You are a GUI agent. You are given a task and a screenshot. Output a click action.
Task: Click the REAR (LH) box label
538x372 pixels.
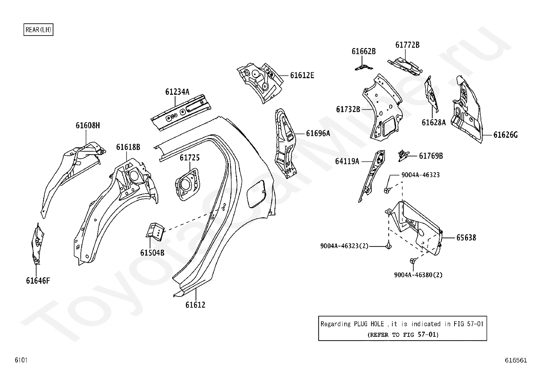tap(38, 30)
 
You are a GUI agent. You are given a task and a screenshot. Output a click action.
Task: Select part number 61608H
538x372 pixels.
tap(88, 126)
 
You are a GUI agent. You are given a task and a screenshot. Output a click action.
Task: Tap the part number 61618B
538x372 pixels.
tap(128, 147)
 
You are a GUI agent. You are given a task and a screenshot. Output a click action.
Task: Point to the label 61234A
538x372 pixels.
tap(177, 92)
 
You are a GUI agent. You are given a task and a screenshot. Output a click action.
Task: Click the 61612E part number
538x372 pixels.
tap(302, 75)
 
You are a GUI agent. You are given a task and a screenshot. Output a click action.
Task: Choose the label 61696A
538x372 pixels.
tap(318, 133)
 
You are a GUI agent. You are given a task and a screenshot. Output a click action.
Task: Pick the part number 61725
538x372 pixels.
tap(190, 158)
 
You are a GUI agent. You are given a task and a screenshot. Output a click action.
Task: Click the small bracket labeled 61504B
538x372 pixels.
tap(155, 231)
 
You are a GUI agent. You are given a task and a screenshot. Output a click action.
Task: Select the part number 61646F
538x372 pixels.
tap(38, 281)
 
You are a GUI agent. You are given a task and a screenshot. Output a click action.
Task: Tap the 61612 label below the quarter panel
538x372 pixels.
tap(195, 305)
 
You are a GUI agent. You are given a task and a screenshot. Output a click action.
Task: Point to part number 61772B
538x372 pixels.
tap(408, 45)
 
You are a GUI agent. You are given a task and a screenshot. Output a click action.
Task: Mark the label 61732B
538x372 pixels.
tap(348, 109)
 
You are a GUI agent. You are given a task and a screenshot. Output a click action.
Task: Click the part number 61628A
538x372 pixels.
tap(434, 123)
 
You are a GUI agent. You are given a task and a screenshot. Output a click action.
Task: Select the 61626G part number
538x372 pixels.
tap(506, 135)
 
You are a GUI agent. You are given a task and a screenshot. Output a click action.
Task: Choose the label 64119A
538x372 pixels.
tap(347, 161)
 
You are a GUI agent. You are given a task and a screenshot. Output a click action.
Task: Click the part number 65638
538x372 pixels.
tap(466, 238)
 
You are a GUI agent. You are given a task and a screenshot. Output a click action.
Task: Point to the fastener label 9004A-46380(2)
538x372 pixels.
tap(418, 275)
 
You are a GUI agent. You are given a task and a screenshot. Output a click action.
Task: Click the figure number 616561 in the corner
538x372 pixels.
tap(516, 360)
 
